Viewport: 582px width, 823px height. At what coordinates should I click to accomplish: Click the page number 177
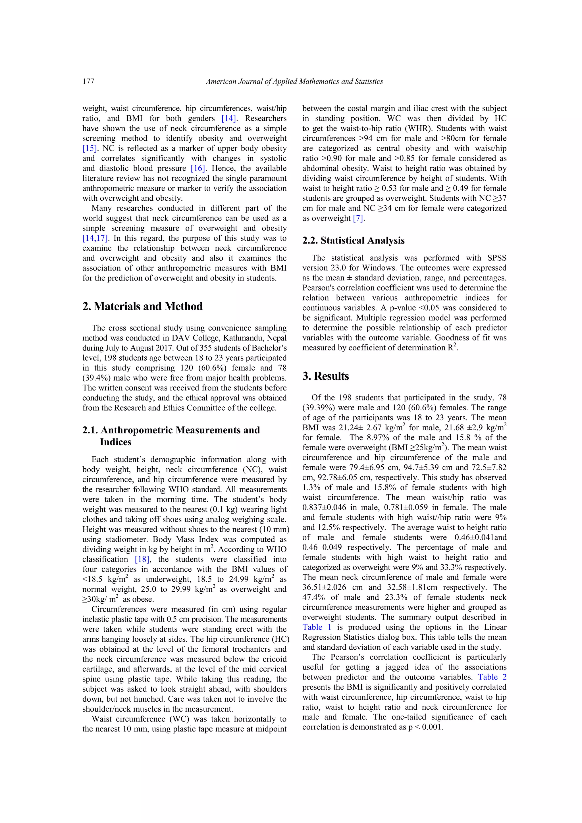pyautogui.click(x=88, y=81)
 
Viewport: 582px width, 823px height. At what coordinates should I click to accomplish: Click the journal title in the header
pyautogui.click(x=294, y=81)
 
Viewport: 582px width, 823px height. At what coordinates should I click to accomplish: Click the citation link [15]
pyautogui.click(x=90, y=148)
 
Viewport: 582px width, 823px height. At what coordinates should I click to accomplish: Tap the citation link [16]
pyautogui.click(x=198, y=169)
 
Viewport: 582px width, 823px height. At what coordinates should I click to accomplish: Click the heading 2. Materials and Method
pyautogui.click(x=142, y=306)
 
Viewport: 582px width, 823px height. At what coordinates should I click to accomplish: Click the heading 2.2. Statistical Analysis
pyautogui.click(x=353, y=240)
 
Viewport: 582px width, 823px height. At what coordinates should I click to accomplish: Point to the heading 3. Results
pyautogui.click(x=325, y=376)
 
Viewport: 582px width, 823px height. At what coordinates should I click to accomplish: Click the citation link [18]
pyautogui.click(x=142, y=560)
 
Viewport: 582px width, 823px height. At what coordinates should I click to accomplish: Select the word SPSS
pyautogui.click(x=496, y=258)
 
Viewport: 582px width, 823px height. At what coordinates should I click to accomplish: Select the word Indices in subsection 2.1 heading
pyautogui.click(x=115, y=442)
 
